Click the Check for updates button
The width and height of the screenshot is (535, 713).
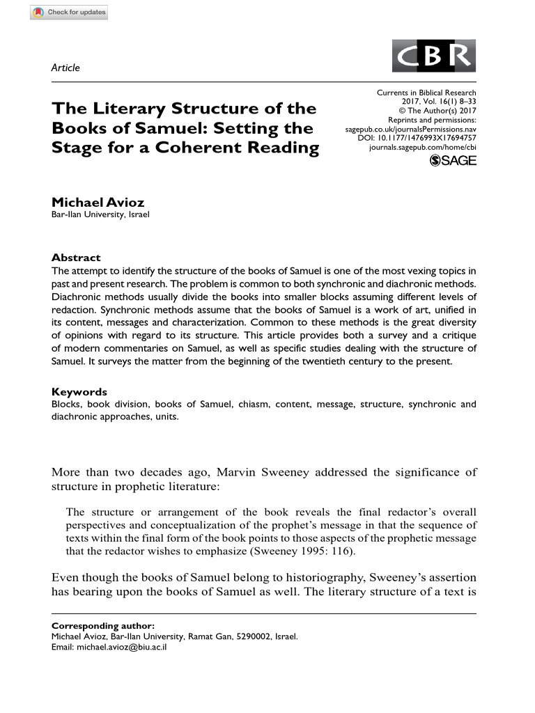pos(69,13)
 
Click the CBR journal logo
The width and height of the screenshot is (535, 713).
pos(435,56)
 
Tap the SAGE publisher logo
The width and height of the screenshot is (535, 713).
pos(453,162)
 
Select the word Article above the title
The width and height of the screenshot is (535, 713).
pos(66,68)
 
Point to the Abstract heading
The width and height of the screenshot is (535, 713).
pos(77,257)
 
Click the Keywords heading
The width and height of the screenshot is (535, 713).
pos(79,391)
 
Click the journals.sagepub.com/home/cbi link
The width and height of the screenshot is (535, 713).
pos(422,148)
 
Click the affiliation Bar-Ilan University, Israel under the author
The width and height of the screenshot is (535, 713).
pos(101,214)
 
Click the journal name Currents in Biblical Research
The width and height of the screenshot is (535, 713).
pos(426,93)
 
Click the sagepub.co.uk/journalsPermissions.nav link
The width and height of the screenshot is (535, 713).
pos(411,129)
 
